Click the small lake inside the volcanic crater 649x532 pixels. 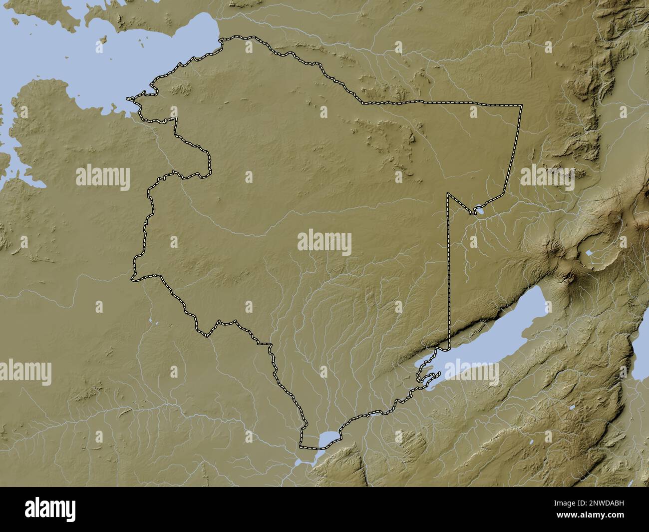590,253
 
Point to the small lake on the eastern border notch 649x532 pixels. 480,211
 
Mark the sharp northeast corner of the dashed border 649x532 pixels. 521,106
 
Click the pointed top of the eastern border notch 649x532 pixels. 448,193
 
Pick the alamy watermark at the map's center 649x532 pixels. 324,243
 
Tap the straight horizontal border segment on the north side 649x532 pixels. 439,103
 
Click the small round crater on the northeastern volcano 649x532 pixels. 613,217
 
